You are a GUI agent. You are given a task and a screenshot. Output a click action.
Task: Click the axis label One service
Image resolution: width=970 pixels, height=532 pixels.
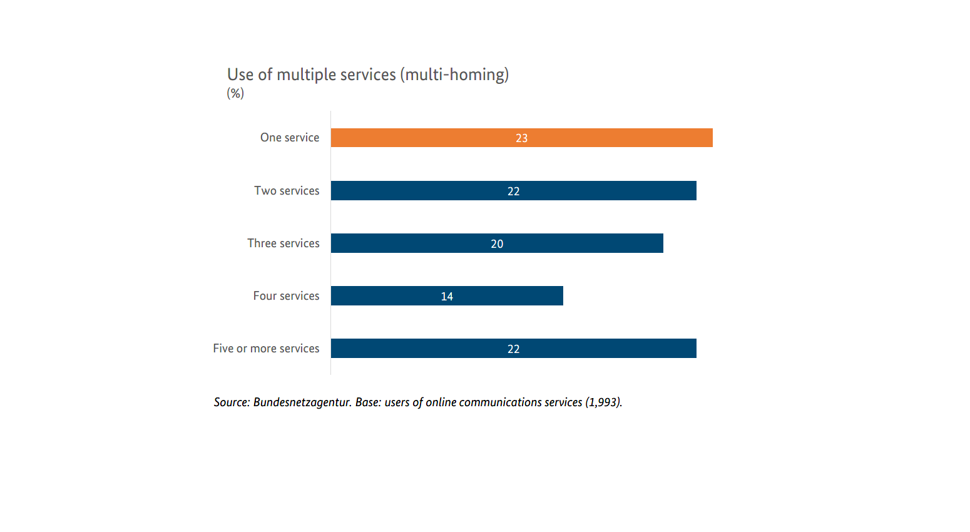tap(290, 138)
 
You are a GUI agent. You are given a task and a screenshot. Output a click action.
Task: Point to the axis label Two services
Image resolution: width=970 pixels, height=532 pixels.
tap(287, 191)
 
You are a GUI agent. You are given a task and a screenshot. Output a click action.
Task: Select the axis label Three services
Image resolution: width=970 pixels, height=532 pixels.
tap(283, 243)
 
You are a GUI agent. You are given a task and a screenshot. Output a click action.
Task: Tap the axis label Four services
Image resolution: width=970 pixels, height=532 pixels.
tap(286, 296)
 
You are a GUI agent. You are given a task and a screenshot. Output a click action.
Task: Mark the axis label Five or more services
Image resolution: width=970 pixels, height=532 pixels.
tap(266, 349)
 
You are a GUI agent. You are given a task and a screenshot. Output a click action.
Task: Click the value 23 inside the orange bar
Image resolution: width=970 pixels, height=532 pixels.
tap(522, 138)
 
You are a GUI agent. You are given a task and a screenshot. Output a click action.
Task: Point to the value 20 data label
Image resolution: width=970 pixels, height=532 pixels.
tap(497, 244)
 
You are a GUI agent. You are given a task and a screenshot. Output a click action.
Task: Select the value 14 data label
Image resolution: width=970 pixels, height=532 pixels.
tap(447, 297)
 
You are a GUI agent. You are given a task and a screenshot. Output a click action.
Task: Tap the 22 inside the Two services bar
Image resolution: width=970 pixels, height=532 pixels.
tap(514, 192)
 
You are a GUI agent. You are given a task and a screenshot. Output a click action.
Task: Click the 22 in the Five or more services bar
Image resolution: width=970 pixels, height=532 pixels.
tap(514, 349)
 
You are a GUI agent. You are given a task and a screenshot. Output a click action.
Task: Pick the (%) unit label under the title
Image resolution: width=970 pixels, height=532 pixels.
tap(235, 93)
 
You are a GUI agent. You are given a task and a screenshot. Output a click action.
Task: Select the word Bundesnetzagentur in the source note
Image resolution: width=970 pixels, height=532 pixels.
tap(302, 402)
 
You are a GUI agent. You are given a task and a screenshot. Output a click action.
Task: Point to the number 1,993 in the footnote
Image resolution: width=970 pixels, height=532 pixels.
tap(603, 402)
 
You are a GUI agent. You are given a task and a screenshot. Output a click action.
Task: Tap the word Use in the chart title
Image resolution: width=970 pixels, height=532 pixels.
tap(240, 75)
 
